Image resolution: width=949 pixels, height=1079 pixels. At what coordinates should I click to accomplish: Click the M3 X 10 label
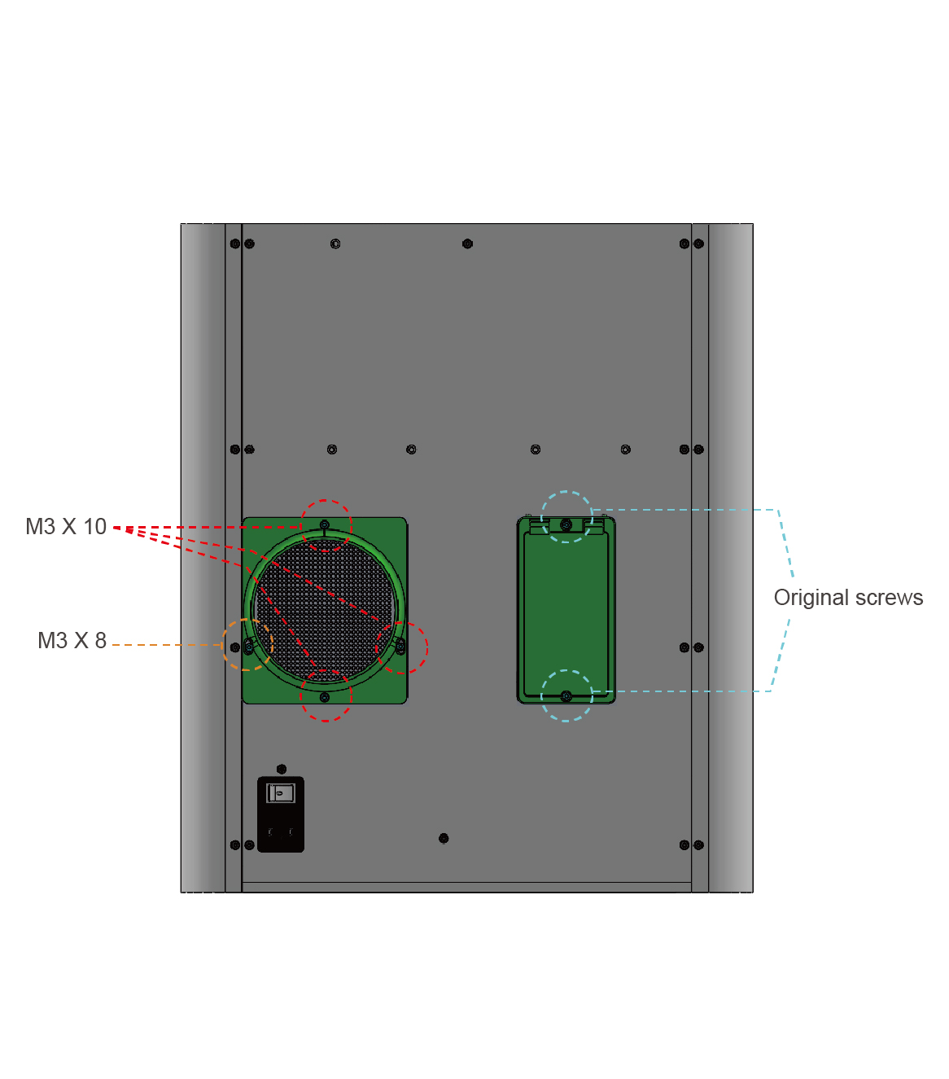(66, 527)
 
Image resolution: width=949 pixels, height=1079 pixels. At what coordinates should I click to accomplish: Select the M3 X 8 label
(72, 641)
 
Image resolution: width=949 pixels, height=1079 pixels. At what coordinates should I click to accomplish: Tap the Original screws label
(848, 598)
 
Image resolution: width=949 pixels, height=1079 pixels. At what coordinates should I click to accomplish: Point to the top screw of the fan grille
(324, 525)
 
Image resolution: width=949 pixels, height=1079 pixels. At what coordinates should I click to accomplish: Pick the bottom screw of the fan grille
(324, 697)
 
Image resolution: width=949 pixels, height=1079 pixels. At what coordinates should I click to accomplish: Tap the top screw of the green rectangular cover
(566, 525)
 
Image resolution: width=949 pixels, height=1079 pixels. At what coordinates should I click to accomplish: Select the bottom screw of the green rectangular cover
(566, 696)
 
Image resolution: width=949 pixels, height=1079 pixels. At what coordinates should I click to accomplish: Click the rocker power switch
(281, 793)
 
